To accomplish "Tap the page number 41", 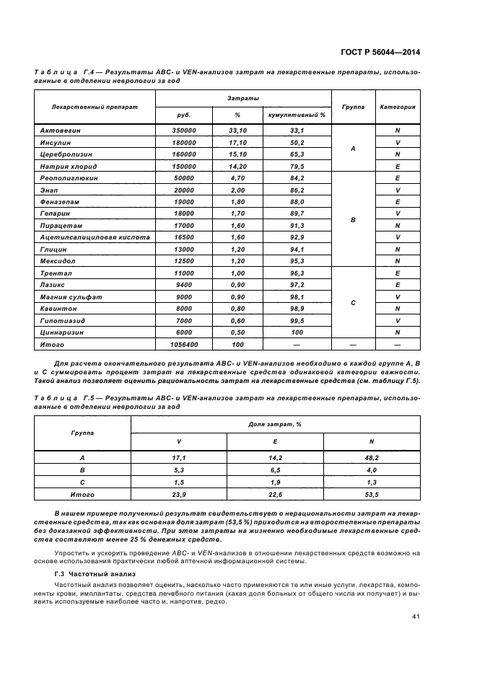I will point(416,616).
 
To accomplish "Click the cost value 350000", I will point(185,131).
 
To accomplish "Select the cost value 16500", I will point(185,236).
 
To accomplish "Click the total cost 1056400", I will point(185,345).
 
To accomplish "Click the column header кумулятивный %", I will point(297,115).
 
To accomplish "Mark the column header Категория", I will point(398,106).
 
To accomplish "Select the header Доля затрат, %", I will point(274,424).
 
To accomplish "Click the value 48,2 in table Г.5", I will point(371,457).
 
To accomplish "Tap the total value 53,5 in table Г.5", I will point(371,495).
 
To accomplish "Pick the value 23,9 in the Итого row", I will point(178,495).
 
